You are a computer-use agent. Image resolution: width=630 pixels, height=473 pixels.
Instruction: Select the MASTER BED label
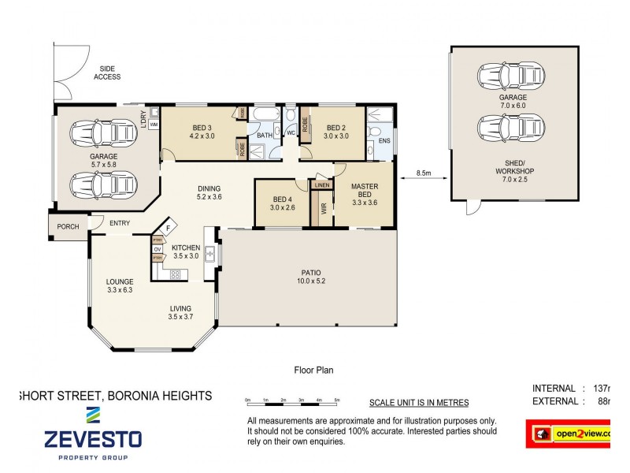click(x=364, y=190)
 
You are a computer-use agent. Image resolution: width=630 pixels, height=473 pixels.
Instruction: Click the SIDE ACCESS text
click(x=107, y=73)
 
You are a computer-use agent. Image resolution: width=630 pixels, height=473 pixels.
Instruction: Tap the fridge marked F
click(x=168, y=229)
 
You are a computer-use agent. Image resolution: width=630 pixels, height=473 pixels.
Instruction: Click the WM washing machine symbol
click(x=154, y=125)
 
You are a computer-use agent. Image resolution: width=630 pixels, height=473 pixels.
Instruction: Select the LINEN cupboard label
click(x=321, y=185)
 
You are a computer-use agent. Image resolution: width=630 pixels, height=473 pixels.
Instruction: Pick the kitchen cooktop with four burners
click(x=174, y=274)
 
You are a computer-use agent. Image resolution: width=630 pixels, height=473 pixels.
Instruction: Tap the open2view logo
click(x=575, y=434)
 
